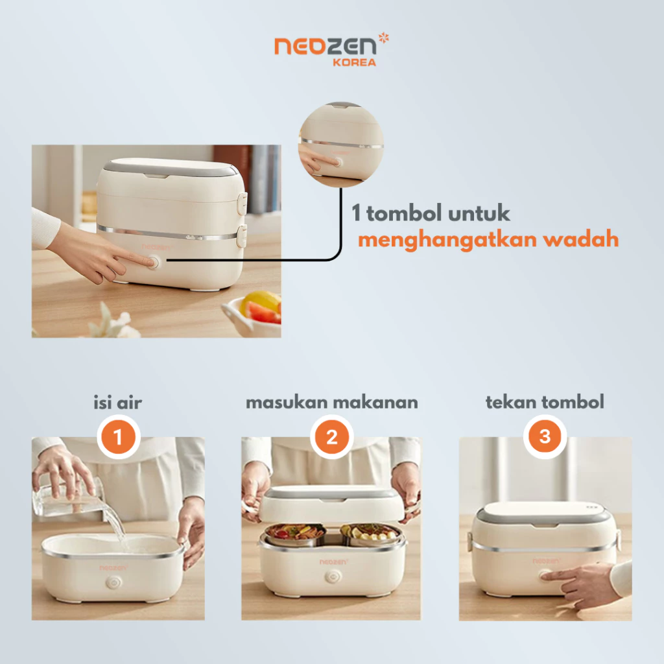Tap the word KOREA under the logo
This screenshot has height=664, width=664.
click(355, 63)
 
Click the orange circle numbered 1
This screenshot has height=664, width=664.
click(119, 436)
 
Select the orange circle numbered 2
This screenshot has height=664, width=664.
click(331, 436)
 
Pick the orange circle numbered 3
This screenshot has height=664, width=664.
click(545, 436)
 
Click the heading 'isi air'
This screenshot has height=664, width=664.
click(118, 402)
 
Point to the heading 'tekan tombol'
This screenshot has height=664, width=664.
click(545, 402)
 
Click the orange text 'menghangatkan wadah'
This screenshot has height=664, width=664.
click(488, 240)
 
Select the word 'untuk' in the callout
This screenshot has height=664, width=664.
click(479, 213)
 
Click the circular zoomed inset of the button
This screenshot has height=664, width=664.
click(341, 145)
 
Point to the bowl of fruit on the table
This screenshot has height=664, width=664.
click(252, 313)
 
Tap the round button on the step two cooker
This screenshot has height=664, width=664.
click(333, 576)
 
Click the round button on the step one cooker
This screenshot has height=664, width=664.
click(113, 583)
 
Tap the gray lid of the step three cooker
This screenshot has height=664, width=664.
click(545, 514)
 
